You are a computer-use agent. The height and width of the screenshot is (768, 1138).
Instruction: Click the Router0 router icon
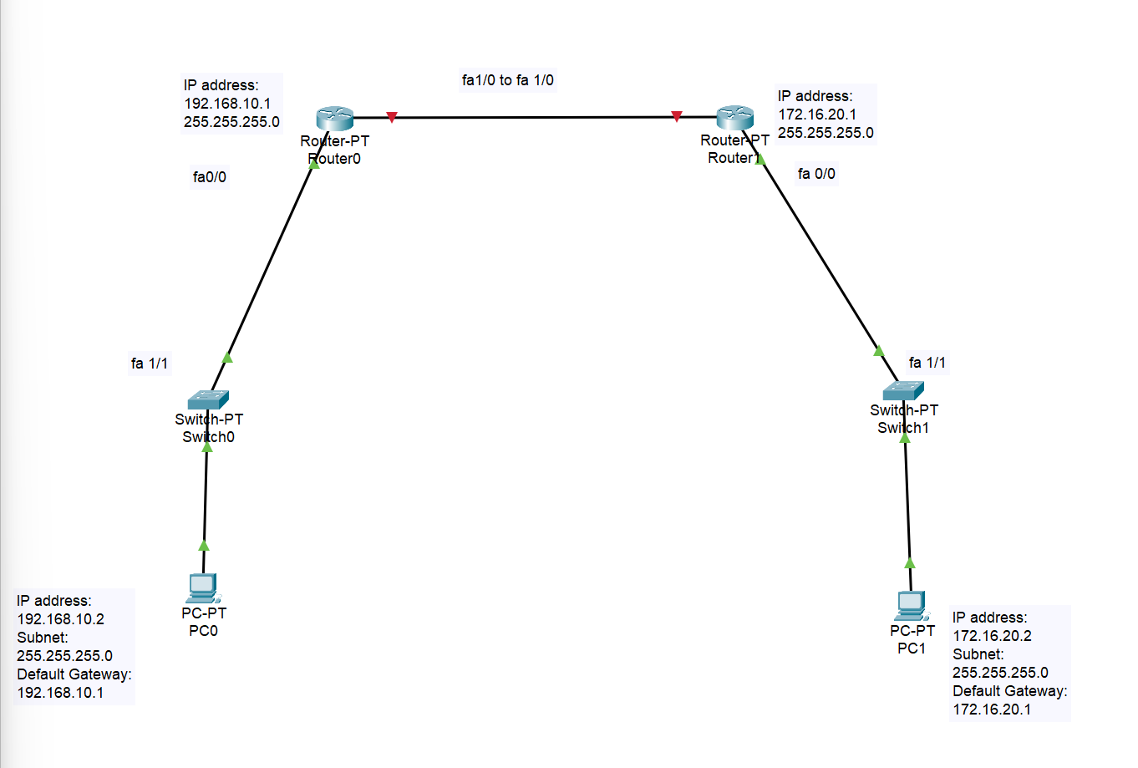click(335, 118)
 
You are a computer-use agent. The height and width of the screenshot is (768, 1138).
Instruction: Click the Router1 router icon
click(735, 117)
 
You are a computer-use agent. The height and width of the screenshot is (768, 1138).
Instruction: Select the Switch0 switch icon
click(208, 399)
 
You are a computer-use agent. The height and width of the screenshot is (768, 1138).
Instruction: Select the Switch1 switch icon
click(903, 390)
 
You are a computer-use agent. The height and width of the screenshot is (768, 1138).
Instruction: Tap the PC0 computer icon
click(203, 587)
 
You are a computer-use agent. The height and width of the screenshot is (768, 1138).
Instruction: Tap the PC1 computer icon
click(912, 605)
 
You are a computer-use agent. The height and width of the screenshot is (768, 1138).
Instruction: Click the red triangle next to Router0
click(392, 117)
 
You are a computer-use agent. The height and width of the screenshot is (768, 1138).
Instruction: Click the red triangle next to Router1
click(677, 116)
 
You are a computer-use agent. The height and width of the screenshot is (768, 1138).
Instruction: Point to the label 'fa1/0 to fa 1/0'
click(507, 80)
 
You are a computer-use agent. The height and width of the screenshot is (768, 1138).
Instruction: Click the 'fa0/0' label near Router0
click(209, 177)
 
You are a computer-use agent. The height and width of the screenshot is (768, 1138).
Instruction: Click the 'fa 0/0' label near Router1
click(816, 174)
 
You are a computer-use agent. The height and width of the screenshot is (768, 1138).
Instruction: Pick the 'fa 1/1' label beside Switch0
click(150, 364)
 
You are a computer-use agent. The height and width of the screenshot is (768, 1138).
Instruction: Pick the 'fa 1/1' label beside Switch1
click(927, 363)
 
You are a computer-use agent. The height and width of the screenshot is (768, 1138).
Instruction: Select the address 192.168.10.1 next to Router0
click(227, 104)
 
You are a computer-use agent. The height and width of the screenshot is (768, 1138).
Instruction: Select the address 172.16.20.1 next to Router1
click(817, 114)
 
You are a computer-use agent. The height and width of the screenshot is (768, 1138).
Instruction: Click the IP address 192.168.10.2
click(61, 619)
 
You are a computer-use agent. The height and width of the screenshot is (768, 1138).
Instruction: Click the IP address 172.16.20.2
click(992, 636)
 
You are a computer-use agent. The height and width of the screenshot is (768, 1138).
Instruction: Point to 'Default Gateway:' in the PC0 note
click(74, 674)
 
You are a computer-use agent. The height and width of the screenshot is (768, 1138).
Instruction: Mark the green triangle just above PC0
click(204, 546)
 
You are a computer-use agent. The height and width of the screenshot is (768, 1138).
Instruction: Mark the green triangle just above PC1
click(910, 562)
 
